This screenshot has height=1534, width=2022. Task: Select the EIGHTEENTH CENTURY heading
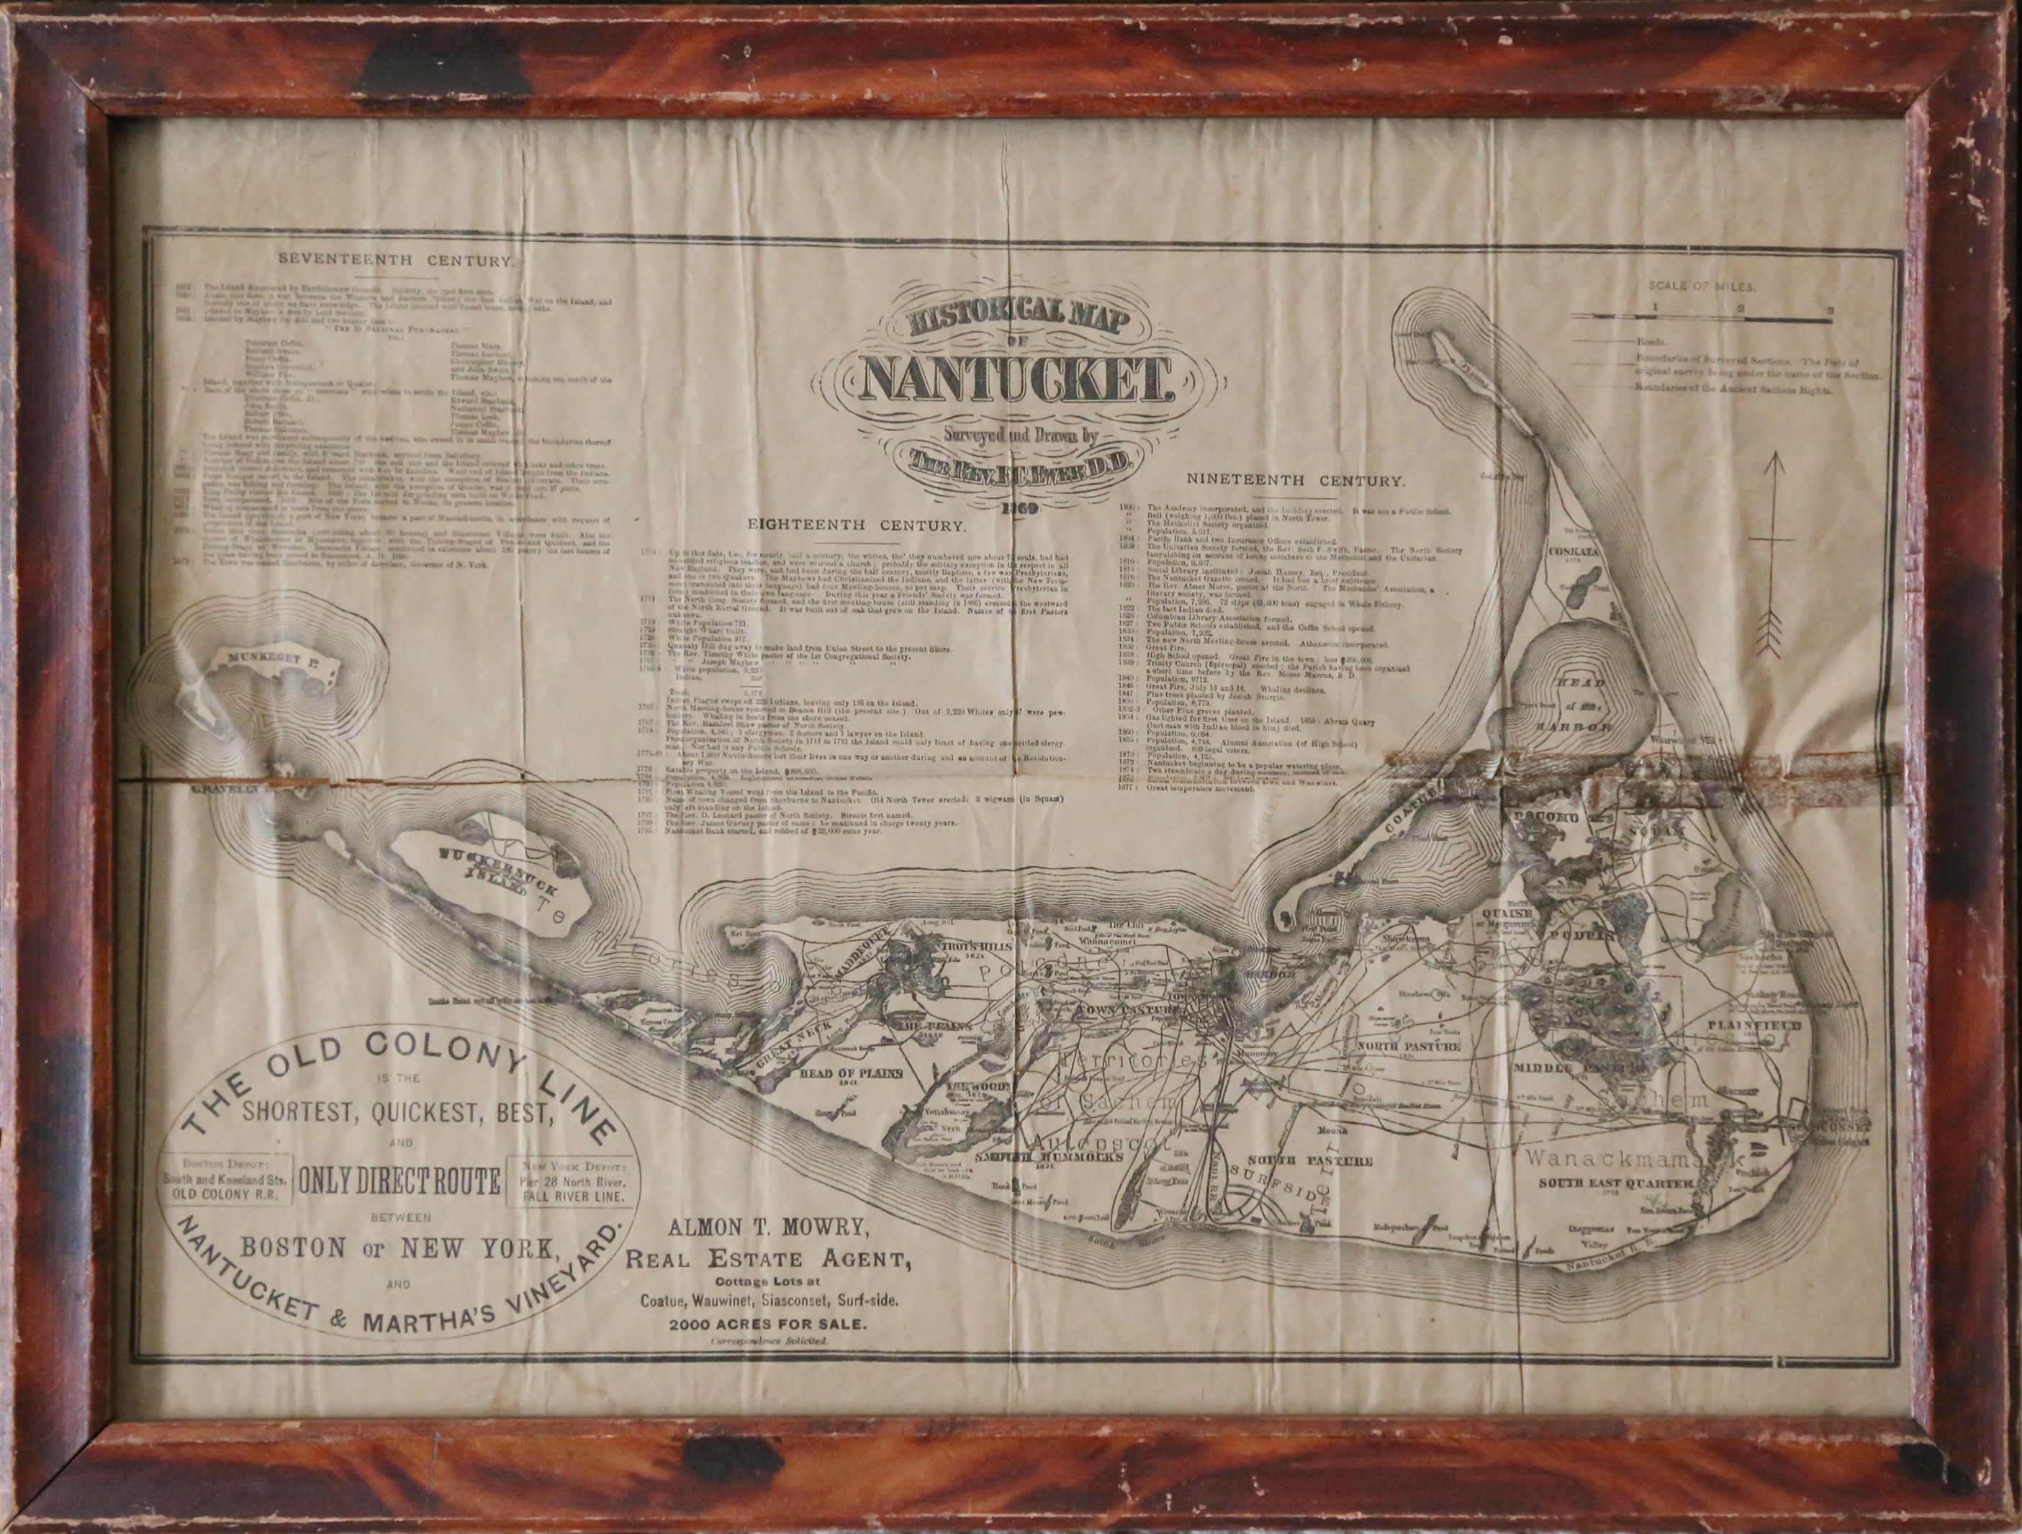coord(857,525)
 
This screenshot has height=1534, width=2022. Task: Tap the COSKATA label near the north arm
coord(1571,551)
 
